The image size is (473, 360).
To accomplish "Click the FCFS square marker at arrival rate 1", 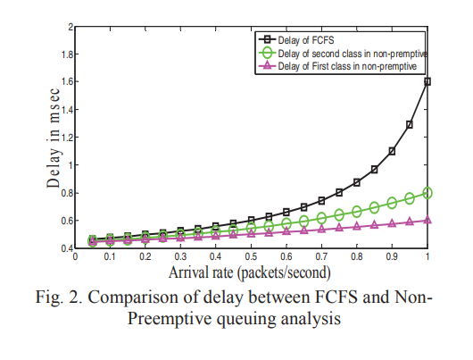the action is (x=427, y=81).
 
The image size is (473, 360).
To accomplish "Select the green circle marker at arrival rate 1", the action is (x=427, y=193).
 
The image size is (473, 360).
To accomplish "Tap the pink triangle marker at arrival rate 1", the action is (x=427, y=220).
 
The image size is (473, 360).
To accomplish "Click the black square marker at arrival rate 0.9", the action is (x=392, y=151).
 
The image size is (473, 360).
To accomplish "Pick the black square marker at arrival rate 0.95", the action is (x=410, y=124).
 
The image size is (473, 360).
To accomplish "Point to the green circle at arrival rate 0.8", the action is (x=357, y=212).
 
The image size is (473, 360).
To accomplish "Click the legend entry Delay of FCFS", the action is (x=306, y=40).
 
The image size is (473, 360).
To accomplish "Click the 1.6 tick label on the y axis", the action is (x=67, y=81).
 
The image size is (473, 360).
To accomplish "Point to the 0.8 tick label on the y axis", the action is (x=67, y=193).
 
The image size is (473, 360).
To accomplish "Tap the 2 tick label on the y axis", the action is (x=71, y=27).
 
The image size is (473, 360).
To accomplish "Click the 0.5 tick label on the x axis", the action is (x=251, y=256).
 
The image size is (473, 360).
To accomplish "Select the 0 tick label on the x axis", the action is (x=75, y=256).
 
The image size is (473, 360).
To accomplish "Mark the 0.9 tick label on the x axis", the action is (x=392, y=256).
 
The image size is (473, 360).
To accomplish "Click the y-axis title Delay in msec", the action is (x=54, y=138).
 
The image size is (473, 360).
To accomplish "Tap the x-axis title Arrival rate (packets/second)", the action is (x=250, y=272).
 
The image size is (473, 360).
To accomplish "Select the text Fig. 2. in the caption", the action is (x=59, y=297).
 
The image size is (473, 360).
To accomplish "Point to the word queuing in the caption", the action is (x=246, y=319).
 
